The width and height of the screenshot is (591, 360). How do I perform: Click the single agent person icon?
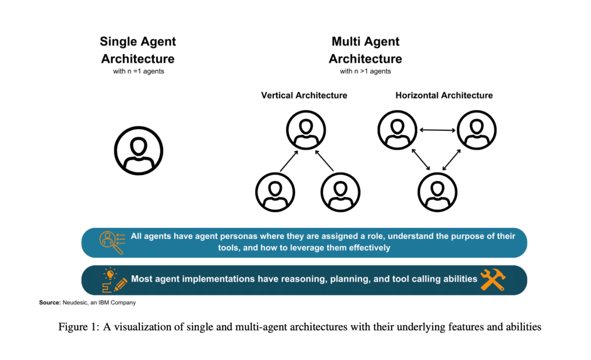tap(138, 151)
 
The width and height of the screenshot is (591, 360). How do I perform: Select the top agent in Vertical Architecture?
tap(306, 130)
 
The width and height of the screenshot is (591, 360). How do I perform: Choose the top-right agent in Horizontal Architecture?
tap(476, 130)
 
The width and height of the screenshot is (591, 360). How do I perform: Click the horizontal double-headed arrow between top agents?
tap(437, 130)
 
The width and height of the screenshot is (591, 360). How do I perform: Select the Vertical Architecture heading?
tap(304, 96)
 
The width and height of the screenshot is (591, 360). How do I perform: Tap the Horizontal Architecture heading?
tap(444, 96)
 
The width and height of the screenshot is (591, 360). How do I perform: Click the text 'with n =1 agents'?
tap(138, 71)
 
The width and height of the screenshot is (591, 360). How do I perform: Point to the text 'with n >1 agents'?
tap(365, 71)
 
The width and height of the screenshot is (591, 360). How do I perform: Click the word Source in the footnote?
tap(50, 302)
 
